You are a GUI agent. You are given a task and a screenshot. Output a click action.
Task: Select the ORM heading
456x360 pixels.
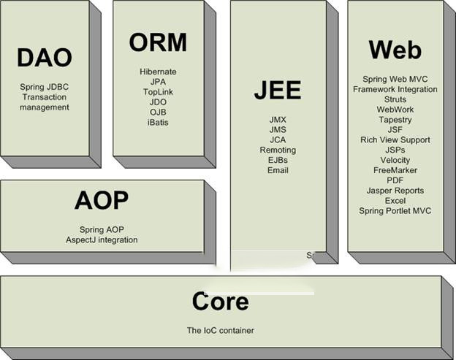pyautogui.click(x=158, y=43)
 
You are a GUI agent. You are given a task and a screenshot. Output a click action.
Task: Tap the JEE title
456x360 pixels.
pyautogui.click(x=278, y=90)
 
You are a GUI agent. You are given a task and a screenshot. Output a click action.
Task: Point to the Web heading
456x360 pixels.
pyautogui.click(x=395, y=50)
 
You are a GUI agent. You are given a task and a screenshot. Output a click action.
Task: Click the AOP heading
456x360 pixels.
pyautogui.click(x=101, y=199)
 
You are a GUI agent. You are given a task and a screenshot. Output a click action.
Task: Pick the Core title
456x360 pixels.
pyautogui.click(x=220, y=301)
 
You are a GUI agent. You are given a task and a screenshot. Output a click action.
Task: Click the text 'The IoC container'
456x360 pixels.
pyautogui.click(x=220, y=331)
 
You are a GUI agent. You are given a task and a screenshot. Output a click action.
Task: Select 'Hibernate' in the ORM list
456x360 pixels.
pyautogui.click(x=158, y=72)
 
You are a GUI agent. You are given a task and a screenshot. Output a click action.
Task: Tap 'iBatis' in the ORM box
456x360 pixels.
pyautogui.click(x=158, y=123)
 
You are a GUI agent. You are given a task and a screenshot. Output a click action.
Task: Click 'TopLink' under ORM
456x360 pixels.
pyautogui.click(x=158, y=92)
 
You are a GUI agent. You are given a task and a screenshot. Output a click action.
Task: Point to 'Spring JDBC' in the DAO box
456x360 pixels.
pyautogui.click(x=45, y=87)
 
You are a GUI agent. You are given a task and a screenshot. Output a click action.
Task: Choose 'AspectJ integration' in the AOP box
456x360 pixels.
pyautogui.click(x=102, y=240)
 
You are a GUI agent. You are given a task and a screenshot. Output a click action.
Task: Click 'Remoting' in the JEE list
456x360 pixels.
pyautogui.click(x=278, y=150)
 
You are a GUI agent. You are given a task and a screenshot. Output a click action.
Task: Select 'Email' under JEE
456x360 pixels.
pyautogui.click(x=278, y=170)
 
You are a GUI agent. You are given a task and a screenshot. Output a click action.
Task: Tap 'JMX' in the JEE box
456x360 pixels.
pyautogui.click(x=278, y=119)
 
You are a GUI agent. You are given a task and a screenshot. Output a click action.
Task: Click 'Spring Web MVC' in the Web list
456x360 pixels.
pyautogui.click(x=395, y=79)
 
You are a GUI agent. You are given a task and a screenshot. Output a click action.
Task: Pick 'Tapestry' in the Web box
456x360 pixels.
pyautogui.click(x=395, y=120)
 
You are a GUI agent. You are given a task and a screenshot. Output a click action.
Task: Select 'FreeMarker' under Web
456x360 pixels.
pyautogui.click(x=395, y=170)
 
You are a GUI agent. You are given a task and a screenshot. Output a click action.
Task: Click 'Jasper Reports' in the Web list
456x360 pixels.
pyautogui.click(x=395, y=191)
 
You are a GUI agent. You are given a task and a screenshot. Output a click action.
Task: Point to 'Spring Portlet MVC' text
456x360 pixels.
pyautogui.click(x=395, y=211)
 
